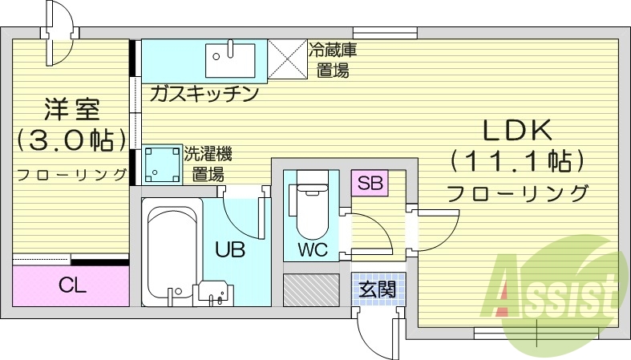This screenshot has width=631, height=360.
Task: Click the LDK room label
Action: [x=516, y=130]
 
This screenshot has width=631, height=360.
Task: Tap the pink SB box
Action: [x=370, y=183]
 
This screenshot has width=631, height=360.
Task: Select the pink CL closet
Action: [x=71, y=285]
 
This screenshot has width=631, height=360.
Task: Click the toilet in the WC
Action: [x=309, y=204]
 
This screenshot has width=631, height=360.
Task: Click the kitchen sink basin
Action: [x=231, y=58]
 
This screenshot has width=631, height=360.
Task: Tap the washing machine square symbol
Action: [x=160, y=165]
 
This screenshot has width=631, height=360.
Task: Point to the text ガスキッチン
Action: [x=204, y=94]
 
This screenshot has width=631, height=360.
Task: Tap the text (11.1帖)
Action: [x=516, y=161]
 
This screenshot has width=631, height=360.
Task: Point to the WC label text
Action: [x=312, y=249]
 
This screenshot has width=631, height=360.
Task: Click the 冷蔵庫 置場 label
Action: [x=332, y=59]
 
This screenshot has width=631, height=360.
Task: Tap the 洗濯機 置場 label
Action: [x=206, y=163]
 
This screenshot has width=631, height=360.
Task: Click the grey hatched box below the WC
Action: [x=312, y=289]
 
